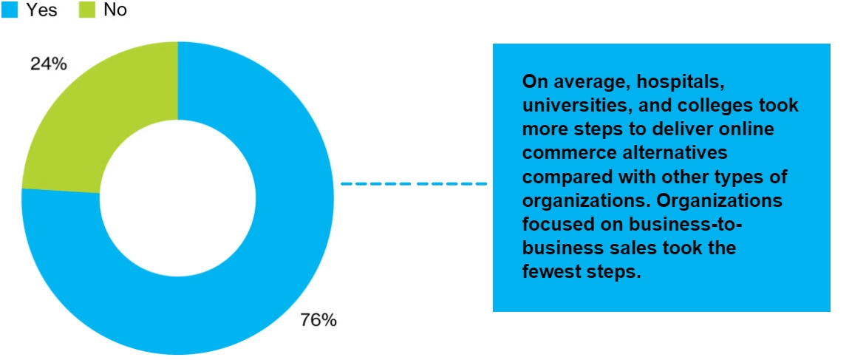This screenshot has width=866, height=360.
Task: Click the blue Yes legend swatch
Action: point(10,10)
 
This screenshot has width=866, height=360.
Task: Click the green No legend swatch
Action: point(86,10)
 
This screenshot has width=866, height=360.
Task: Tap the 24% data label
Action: point(49,64)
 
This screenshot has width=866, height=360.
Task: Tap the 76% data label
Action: point(318,320)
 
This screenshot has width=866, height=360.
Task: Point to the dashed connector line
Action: point(414,183)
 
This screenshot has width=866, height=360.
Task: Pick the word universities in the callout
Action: point(568,105)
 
